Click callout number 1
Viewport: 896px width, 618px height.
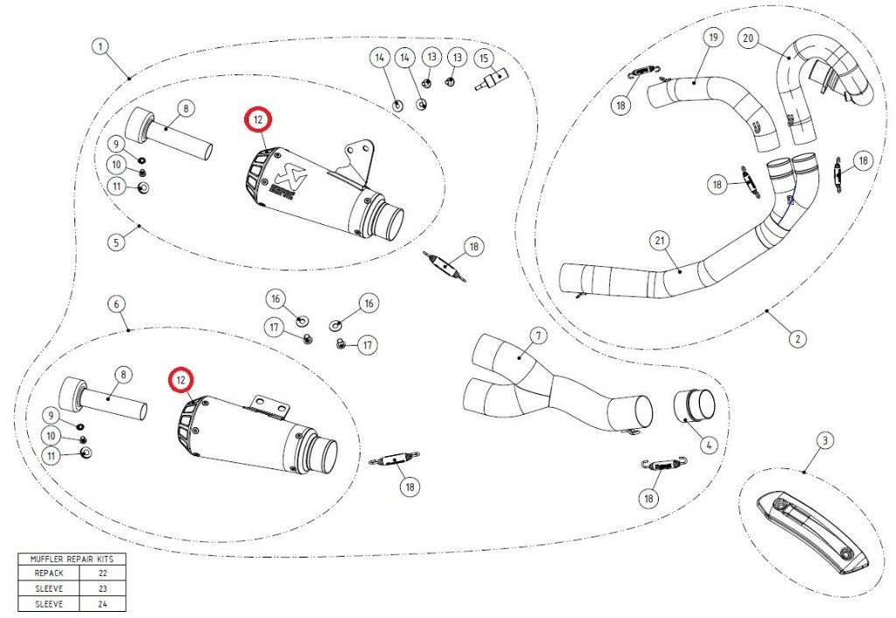101,46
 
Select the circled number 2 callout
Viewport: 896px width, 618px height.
798,338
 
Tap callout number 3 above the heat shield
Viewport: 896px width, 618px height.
824,441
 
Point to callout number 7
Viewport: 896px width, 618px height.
538,335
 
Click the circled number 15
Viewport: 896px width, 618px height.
484,59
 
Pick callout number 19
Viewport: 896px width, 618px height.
713,39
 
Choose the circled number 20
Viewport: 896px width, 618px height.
749,39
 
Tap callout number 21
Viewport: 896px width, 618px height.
661,241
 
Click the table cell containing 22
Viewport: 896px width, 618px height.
103,572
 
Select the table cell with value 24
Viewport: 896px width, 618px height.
103,604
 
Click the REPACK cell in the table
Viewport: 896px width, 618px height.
49,572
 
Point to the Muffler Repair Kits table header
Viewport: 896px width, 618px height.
72,559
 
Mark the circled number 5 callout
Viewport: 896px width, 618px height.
116,242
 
